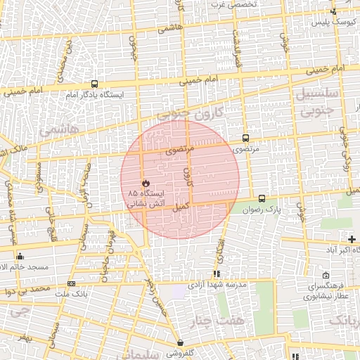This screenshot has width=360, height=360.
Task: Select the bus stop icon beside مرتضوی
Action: (245, 139)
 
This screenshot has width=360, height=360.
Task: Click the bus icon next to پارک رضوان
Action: (262, 199)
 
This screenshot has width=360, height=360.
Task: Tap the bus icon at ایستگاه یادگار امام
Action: (95, 84)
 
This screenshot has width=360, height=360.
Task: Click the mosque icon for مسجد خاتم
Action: (20, 257)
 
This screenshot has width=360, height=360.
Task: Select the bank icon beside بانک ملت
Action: (71, 283)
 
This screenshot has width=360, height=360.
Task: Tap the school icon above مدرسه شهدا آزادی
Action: (216, 274)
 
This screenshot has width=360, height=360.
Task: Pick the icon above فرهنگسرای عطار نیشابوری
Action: (326, 276)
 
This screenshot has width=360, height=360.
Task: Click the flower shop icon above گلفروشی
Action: (181, 344)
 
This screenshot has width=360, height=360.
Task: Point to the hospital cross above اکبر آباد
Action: (352, 240)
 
